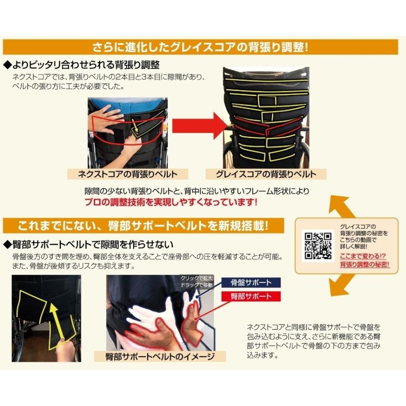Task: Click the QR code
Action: pos(318,246)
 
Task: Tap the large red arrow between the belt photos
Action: pos(199,125)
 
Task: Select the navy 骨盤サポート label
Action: pos(251,282)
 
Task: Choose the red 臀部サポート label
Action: pos(251,296)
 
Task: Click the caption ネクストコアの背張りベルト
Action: pos(128,174)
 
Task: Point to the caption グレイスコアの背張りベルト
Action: pos(266,174)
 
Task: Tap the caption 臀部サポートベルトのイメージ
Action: pos(160,356)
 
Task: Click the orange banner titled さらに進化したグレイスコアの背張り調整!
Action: pos(200,47)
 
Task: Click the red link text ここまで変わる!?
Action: pos(363,256)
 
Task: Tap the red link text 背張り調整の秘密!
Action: pos(364,264)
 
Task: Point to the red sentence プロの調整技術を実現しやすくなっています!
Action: pos(171,202)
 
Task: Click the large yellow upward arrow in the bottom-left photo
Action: pos(57,321)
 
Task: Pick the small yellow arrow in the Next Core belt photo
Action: pos(135,125)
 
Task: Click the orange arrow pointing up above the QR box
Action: pos(341,207)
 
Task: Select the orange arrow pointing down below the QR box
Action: pos(341,285)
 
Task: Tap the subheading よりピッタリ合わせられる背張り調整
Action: pos(81,65)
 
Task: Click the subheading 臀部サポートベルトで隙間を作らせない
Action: pos(88,244)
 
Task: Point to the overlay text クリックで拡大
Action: pos(196,278)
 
